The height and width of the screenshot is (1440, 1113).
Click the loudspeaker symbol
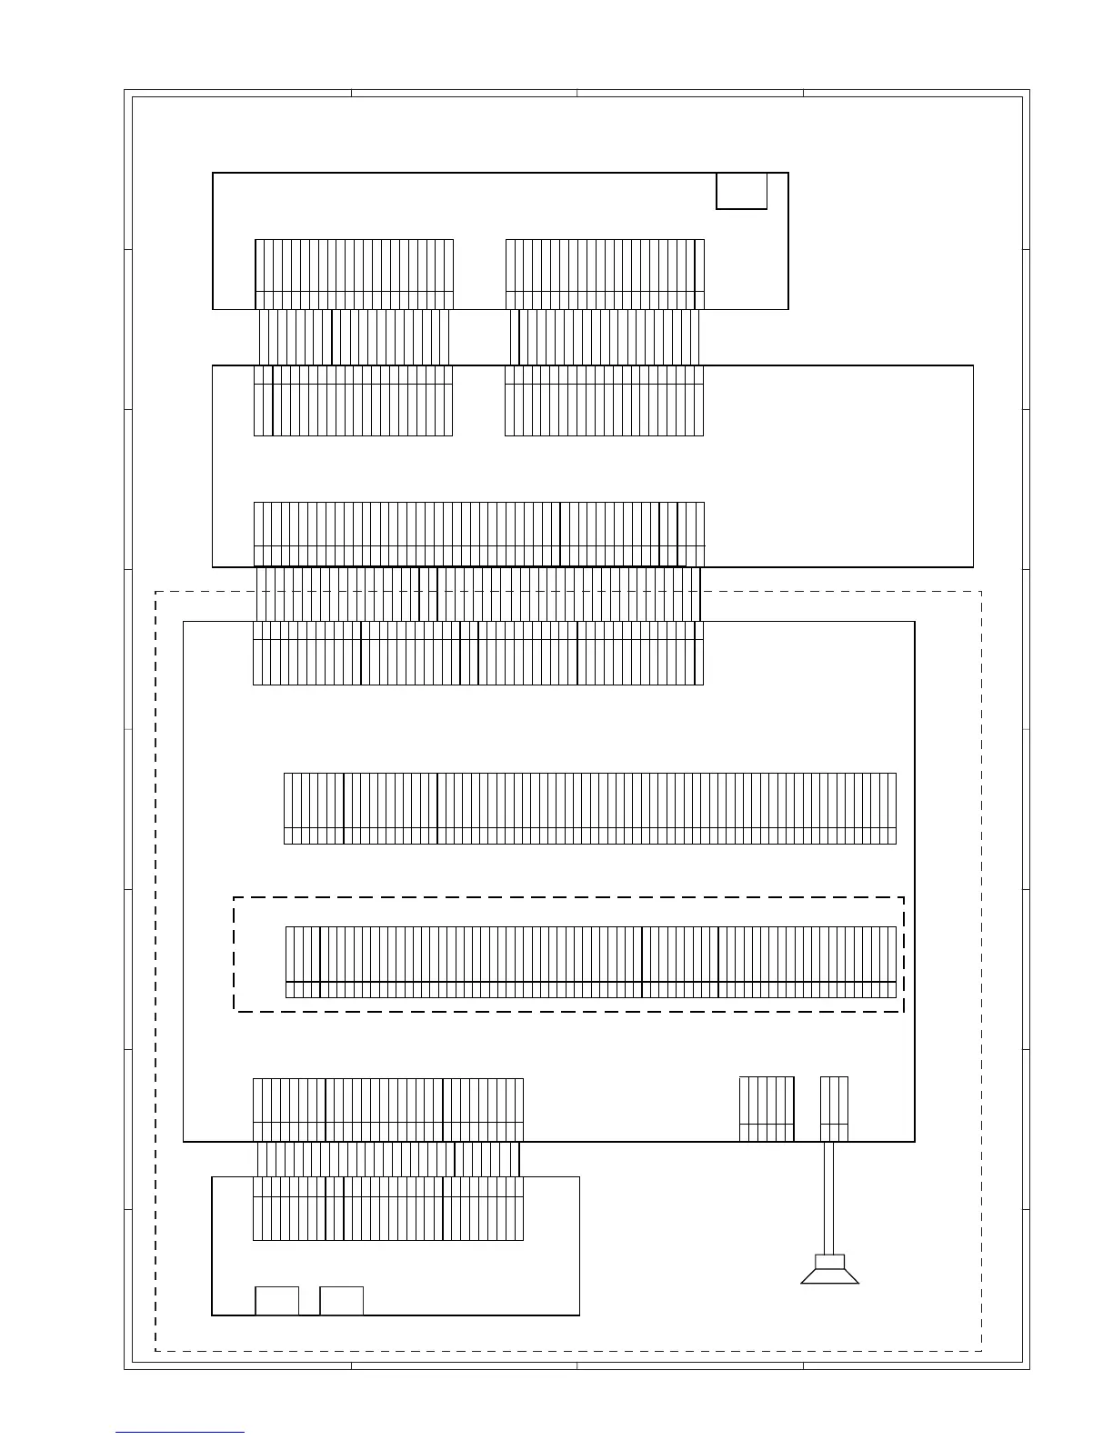coord(829,1269)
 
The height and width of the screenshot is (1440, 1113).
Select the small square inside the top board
coord(741,191)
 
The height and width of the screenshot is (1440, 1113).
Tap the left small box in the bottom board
coord(276,1301)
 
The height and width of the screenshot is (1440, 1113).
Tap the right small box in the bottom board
coord(341,1301)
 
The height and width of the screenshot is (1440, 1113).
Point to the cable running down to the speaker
coord(829,1196)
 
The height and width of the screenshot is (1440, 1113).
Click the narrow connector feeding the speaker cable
coord(834,1109)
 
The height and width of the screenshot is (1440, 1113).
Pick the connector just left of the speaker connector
coord(767,1109)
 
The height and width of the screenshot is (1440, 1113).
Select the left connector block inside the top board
coord(354,275)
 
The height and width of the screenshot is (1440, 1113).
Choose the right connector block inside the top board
coord(605,275)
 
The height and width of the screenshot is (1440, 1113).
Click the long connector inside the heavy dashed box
coord(591,962)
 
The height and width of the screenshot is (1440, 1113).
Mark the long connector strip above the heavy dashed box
coord(590,808)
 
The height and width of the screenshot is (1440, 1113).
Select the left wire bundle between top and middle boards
coord(354,337)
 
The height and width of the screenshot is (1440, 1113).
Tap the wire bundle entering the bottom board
coord(388,1159)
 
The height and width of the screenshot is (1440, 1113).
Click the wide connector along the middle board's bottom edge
coord(479,535)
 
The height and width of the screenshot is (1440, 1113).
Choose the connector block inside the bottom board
coord(388,1208)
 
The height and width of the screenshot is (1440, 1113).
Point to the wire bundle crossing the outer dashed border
coord(478,595)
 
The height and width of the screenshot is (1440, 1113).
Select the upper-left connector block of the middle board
coord(353,401)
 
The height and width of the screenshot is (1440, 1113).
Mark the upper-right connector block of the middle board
coord(604,401)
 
